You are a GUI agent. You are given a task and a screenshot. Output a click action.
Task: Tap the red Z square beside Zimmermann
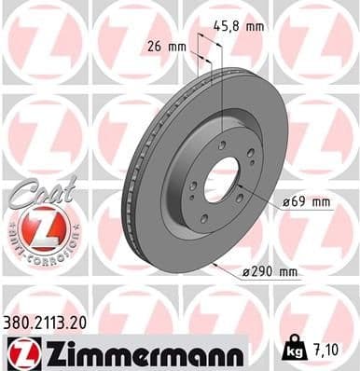(x=20, y=352)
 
